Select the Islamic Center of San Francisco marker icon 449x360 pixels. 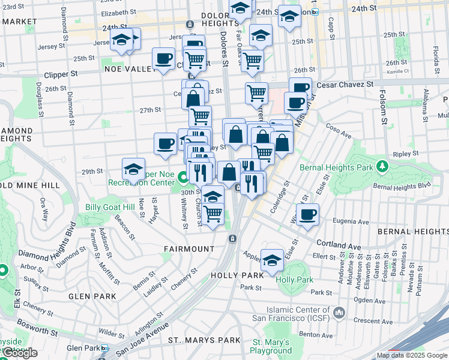339,313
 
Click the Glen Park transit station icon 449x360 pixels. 104,348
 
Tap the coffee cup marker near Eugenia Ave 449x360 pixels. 307,214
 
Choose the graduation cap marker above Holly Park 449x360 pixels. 272,259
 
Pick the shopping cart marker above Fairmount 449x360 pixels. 213,213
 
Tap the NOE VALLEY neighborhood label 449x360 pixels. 130,70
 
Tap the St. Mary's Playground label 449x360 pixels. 271,346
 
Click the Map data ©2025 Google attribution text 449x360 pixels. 411,355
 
